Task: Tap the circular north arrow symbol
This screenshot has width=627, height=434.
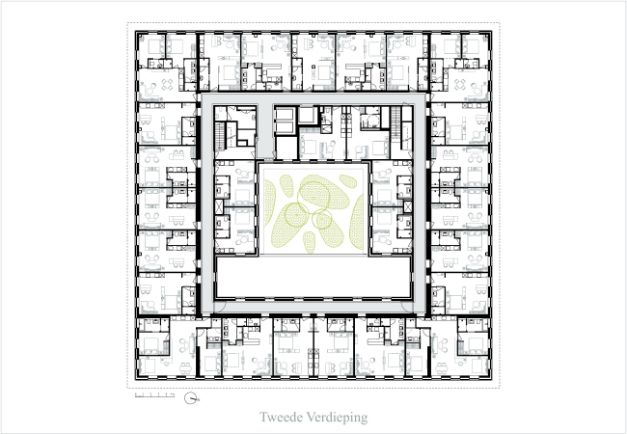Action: tap(193, 397)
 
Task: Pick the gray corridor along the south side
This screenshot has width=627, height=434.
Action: tap(313, 308)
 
